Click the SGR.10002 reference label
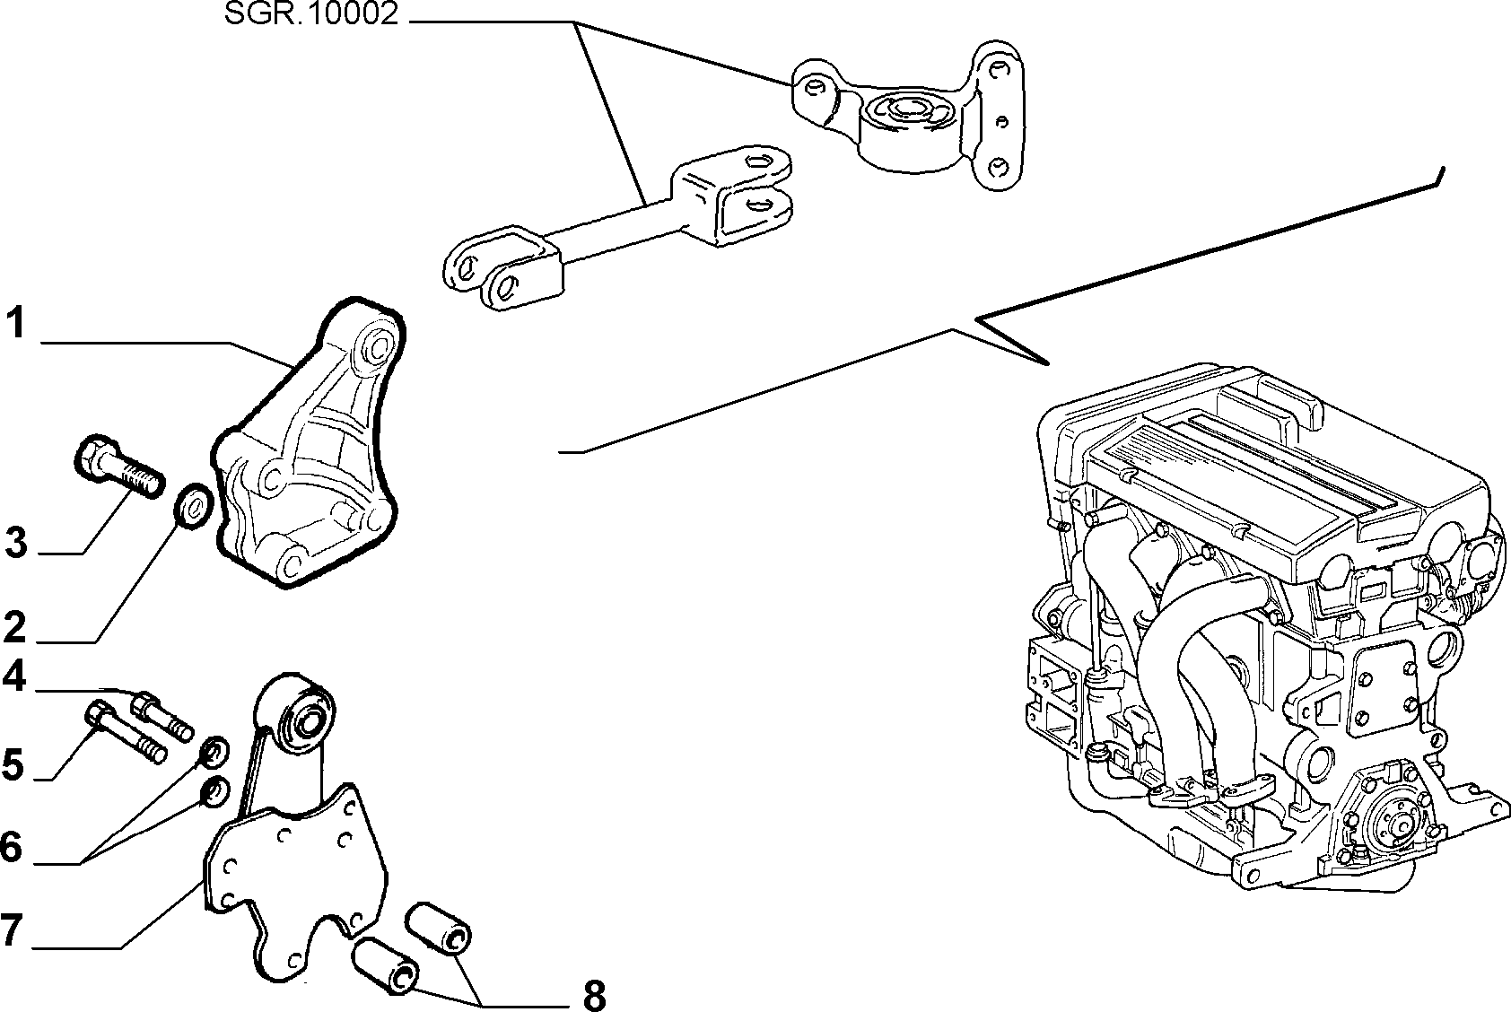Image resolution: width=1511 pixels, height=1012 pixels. (x=311, y=14)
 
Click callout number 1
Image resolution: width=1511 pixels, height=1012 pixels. (x=17, y=322)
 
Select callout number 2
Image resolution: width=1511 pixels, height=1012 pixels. (x=14, y=627)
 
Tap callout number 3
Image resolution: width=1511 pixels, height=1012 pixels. (x=16, y=543)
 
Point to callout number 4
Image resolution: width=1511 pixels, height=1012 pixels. (x=14, y=676)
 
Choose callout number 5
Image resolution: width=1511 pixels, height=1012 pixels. (x=13, y=764)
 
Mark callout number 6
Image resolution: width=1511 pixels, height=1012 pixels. (x=12, y=847)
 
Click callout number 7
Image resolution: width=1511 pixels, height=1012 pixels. (x=12, y=929)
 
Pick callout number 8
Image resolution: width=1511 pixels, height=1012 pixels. (x=594, y=995)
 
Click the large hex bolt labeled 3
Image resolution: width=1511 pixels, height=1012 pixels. (x=118, y=467)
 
